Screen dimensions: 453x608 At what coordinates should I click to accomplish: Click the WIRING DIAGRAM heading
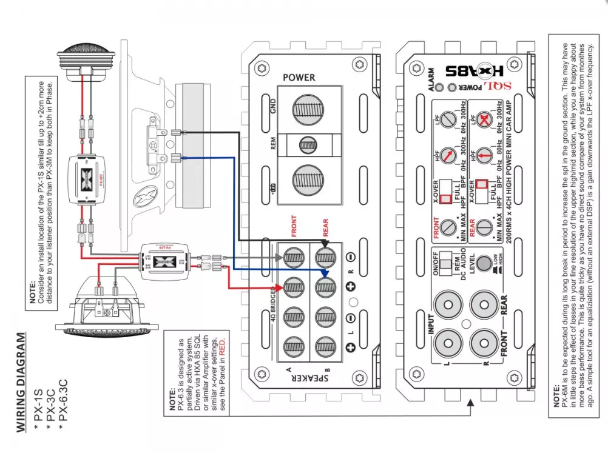pos(21,382)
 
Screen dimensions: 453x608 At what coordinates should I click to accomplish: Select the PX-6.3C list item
pos(61,400)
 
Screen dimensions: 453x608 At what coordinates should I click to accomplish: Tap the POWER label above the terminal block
pos(299,78)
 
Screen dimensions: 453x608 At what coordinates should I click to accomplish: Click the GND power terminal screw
pos(309,110)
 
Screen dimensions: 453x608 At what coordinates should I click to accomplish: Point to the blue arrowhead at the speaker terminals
pos(325,273)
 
